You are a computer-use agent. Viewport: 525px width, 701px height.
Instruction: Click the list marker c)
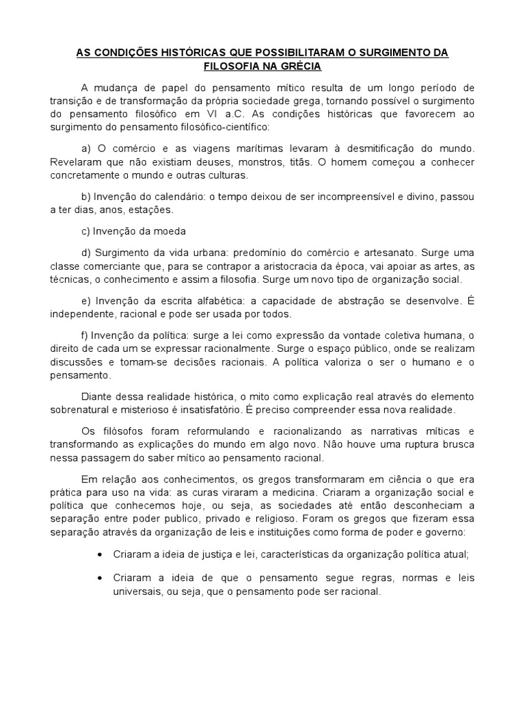click(x=86, y=231)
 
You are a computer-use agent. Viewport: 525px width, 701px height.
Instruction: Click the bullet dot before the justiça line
click(x=101, y=554)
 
